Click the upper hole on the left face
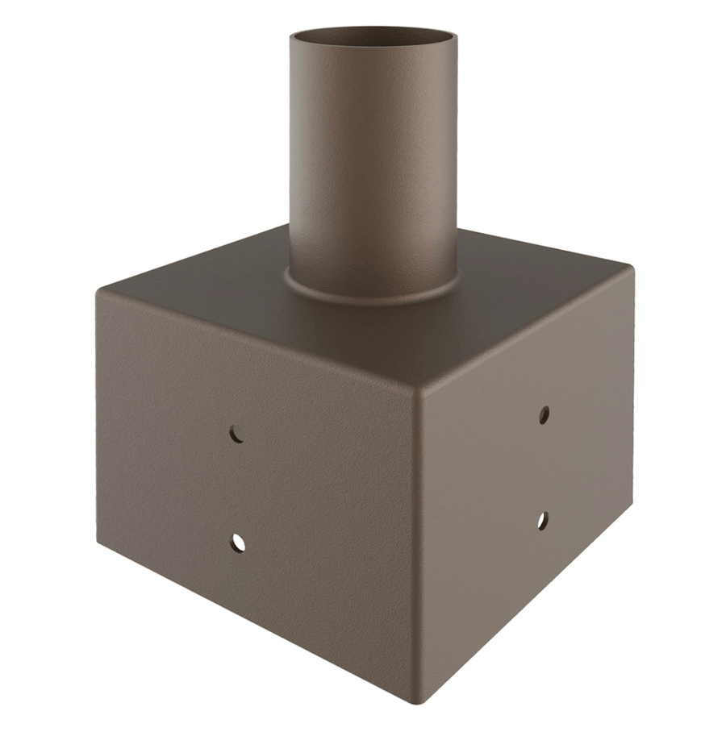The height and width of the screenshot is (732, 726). click(236, 434)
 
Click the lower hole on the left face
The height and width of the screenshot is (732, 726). click(237, 543)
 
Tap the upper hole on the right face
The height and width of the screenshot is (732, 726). click(544, 414)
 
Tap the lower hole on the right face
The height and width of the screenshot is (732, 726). click(543, 521)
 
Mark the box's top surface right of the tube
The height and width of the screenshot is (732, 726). click(532, 274)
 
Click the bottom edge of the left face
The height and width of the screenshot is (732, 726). click(258, 625)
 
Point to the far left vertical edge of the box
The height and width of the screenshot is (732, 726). click(98, 419)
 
